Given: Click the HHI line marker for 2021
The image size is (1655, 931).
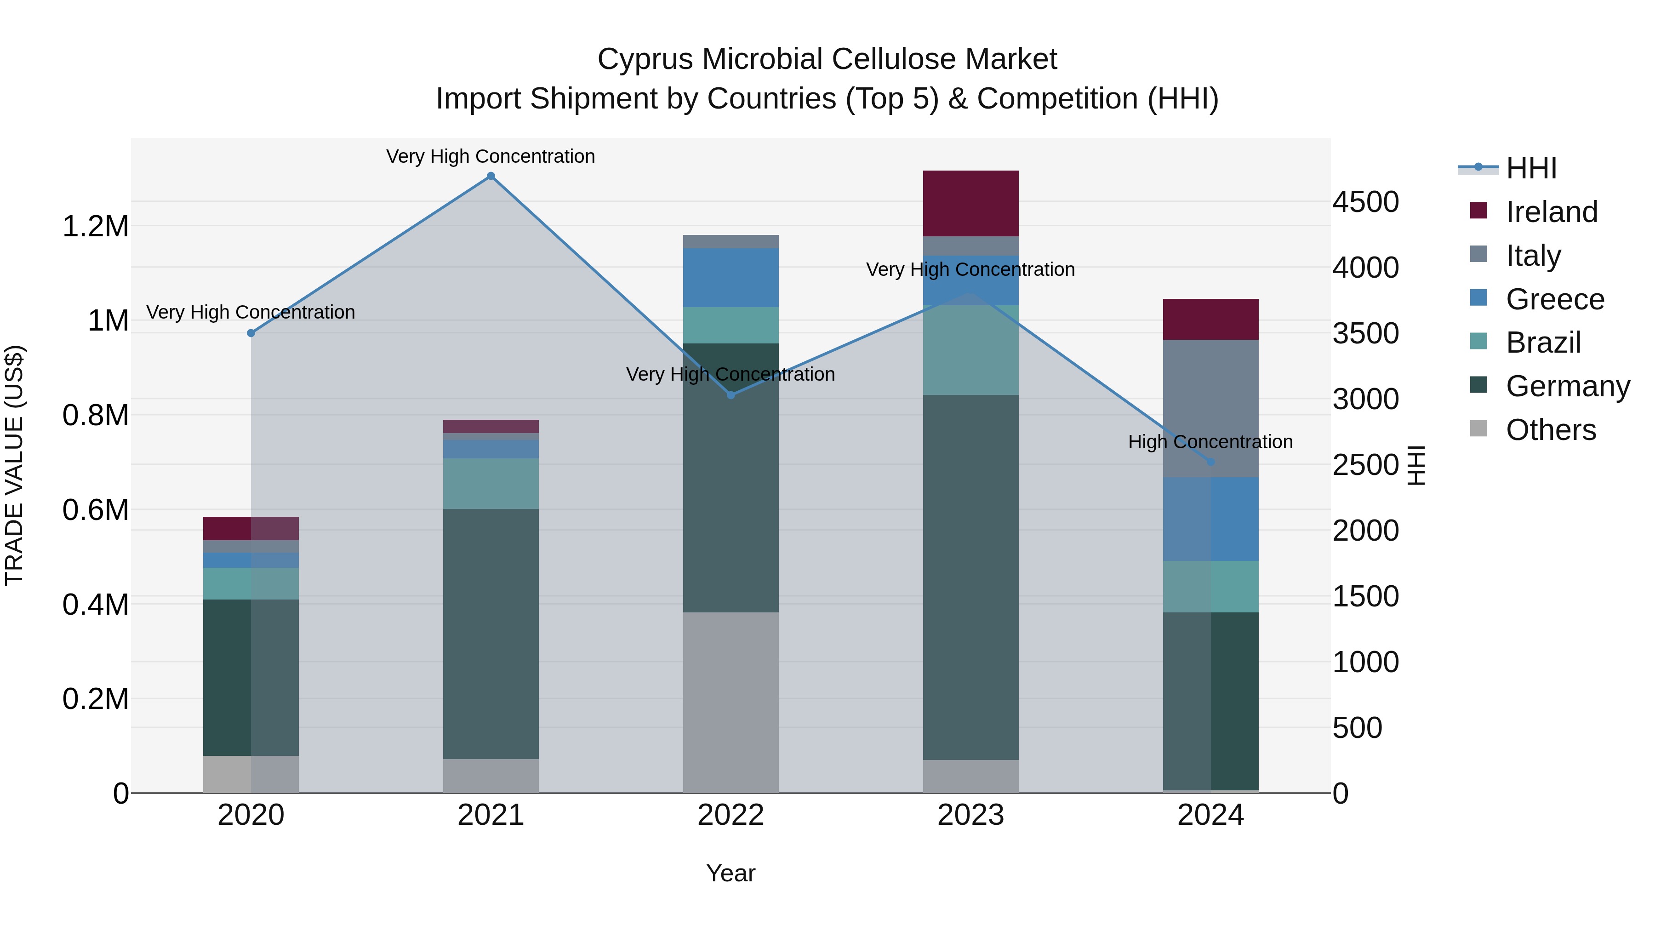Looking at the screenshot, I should click(x=491, y=176).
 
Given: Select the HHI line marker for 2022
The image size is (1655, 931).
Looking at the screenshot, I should click(x=730, y=395).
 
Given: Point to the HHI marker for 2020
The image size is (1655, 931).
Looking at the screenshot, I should click(x=251, y=333).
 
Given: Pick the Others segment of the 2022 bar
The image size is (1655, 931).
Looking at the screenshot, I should click(x=730, y=702).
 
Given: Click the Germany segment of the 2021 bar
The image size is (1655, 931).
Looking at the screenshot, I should click(x=491, y=634).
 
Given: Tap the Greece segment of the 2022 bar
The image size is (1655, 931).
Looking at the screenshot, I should click(x=730, y=278).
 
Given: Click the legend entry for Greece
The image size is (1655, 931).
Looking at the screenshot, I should click(x=1554, y=299).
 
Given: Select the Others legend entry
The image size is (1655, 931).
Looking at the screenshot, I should click(x=1550, y=430).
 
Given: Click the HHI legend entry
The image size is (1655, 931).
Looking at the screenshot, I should click(x=1530, y=168).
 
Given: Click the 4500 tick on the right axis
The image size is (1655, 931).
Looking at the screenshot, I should click(x=1365, y=202).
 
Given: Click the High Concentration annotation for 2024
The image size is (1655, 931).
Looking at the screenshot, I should click(x=1210, y=442).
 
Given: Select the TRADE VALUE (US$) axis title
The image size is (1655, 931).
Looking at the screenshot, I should click(x=14, y=465).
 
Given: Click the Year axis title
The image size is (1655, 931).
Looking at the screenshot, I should click(x=730, y=873).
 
